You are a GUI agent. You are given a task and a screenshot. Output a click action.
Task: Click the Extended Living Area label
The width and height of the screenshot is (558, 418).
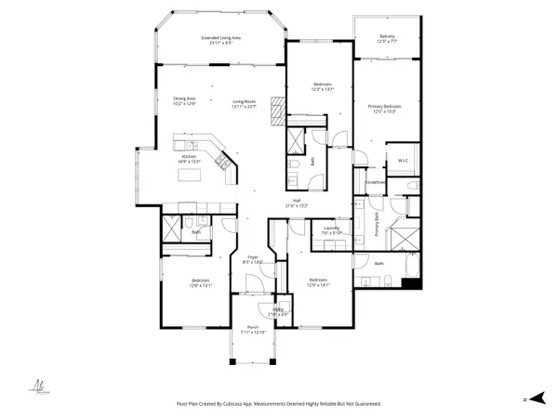coord(221,37)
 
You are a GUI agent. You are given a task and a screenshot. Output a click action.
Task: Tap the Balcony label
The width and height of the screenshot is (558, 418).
coord(388,37)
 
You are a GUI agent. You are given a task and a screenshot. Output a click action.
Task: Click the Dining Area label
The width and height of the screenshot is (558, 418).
coord(184,98)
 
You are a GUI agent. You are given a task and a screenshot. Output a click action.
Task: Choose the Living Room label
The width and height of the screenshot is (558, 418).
coord(245,101)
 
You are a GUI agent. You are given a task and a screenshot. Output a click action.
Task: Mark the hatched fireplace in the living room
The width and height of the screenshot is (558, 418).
coord(275,111)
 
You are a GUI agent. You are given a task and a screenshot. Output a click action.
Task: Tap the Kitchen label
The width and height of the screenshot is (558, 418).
coord(190,157)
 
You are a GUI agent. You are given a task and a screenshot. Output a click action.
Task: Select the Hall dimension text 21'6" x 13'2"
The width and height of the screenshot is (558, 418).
coord(296,205)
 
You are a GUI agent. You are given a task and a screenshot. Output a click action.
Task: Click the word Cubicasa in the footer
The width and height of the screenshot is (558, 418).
coord(247,404)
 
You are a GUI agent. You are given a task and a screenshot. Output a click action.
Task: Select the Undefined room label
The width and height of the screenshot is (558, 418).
coord(376,182)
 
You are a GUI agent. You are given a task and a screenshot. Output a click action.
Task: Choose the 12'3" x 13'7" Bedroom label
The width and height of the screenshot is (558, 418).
coord(319,85)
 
